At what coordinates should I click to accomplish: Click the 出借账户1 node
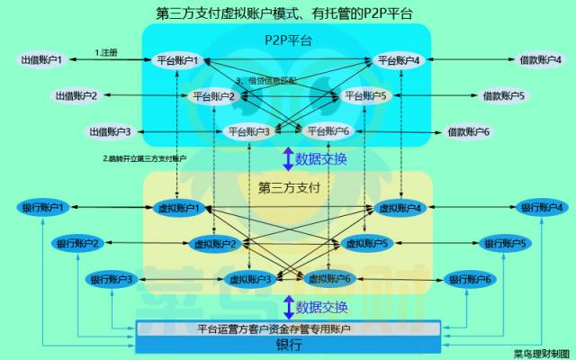pyautogui.click(x=41, y=59)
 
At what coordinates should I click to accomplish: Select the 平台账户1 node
pyautogui.click(x=176, y=60)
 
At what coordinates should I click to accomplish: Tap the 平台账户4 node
pyautogui.click(x=400, y=60)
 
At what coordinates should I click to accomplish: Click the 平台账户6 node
pyautogui.click(x=328, y=131)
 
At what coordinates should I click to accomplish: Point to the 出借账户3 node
pyautogui.click(x=109, y=131)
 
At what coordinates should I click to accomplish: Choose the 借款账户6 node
pyautogui.click(x=469, y=131)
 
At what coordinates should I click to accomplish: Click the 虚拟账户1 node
pyautogui.click(x=178, y=208)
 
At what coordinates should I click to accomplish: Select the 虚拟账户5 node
pyautogui.click(x=365, y=243)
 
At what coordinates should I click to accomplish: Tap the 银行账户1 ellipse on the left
pyautogui.click(x=41, y=208)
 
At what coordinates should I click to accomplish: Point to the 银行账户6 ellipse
pyautogui.click(x=469, y=279)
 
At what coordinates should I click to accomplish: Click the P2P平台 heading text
pyautogui.click(x=287, y=40)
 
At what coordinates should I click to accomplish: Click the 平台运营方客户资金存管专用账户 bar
pyautogui.click(x=287, y=328)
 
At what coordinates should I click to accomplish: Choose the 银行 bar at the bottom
pyautogui.click(x=287, y=344)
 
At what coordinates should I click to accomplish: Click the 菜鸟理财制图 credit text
pyautogui.click(x=542, y=353)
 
